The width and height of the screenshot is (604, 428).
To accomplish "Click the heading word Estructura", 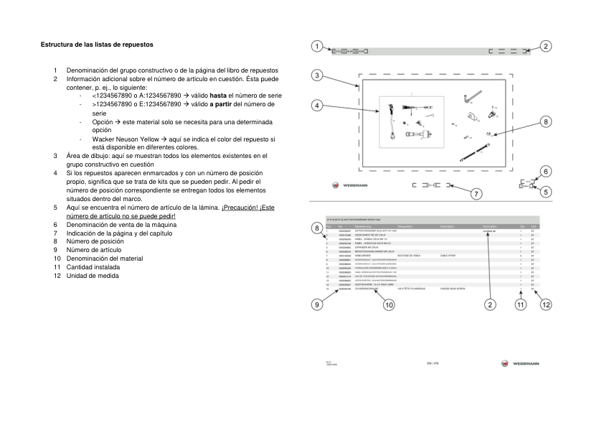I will tap(57, 45).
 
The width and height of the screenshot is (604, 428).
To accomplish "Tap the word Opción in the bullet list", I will tap(103, 121).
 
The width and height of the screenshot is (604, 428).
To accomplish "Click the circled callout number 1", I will tap(316, 47).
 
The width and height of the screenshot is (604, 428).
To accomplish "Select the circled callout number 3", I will tap(316, 75).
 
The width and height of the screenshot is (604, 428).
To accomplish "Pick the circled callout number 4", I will tap(316, 105).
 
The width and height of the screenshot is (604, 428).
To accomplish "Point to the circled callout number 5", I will tap(546, 192).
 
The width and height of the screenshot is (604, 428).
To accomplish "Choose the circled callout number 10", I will tap(388, 304).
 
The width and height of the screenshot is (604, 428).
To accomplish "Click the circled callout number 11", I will tap(521, 304).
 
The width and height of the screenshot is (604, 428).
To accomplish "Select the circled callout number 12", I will tap(546, 304).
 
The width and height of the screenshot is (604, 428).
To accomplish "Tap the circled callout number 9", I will tap(316, 304).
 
